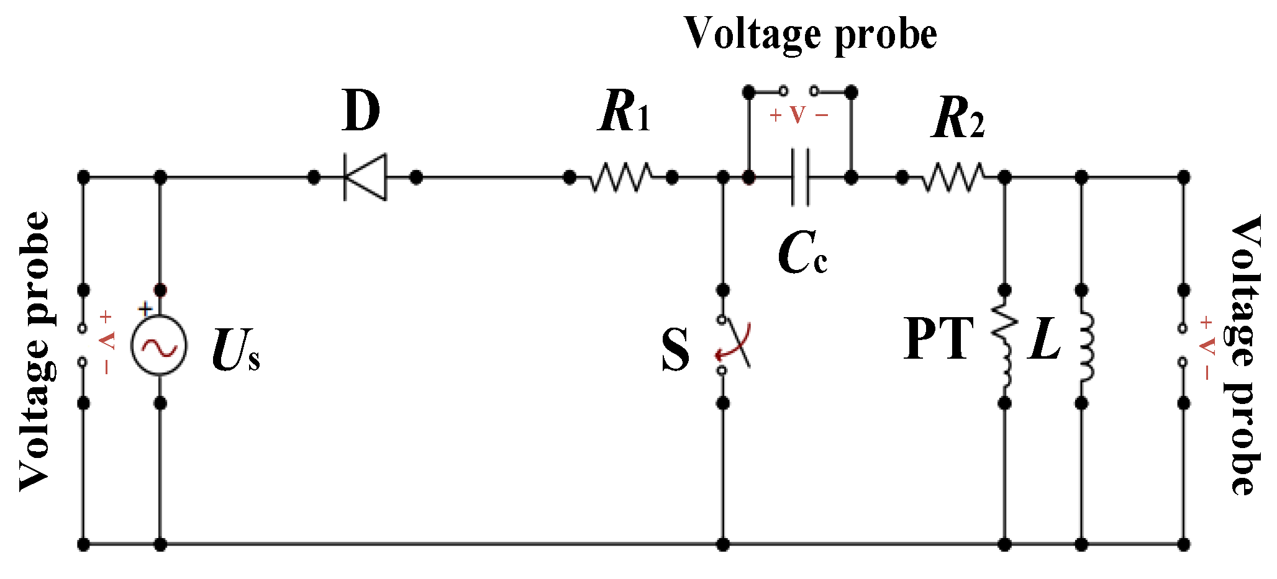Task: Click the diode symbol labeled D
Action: tap(365, 177)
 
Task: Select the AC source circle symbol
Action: tap(159, 346)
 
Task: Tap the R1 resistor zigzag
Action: tap(620, 177)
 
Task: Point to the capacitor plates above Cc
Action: tap(800, 177)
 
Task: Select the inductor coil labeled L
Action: tap(1086, 346)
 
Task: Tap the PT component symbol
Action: tap(1005, 346)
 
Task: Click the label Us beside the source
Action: tap(235, 351)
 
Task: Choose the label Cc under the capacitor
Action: tap(802, 253)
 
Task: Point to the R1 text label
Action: tap(624, 112)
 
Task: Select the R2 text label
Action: tap(957, 118)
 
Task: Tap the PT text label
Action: tap(938, 339)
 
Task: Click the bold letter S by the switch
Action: tap(675, 351)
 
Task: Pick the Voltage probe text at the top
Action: tap(811, 34)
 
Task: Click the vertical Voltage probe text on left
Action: tap(34, 351)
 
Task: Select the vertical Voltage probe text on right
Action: tap(1245, 355)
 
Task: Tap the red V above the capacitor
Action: tap(798, 115)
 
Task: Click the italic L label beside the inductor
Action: tap(1045, 339)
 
